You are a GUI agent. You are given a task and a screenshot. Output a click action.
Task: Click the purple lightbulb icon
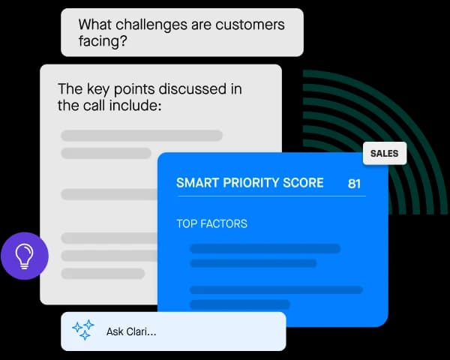25,256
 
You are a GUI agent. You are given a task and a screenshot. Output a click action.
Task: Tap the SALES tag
384,154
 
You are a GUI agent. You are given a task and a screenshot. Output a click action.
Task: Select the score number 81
355,183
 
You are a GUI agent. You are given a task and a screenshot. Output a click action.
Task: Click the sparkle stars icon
83,331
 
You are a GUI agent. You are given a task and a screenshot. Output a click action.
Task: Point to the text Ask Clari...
131,331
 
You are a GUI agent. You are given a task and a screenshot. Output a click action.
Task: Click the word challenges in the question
145,25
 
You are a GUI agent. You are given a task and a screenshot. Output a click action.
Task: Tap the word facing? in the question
103,42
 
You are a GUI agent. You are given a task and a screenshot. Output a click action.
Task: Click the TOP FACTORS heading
211,223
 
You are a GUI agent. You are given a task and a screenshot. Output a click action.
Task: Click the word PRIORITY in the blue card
251,183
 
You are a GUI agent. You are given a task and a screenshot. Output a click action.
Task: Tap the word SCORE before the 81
305,183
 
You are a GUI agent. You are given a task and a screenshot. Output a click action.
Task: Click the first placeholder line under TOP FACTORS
265,248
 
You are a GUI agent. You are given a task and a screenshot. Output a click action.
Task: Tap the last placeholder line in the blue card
239,304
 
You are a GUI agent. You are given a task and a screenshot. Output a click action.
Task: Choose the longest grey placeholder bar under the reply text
142,136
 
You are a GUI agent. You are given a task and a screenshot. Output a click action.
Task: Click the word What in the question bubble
97,25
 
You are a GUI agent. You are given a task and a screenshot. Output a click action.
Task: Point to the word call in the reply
94,106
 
